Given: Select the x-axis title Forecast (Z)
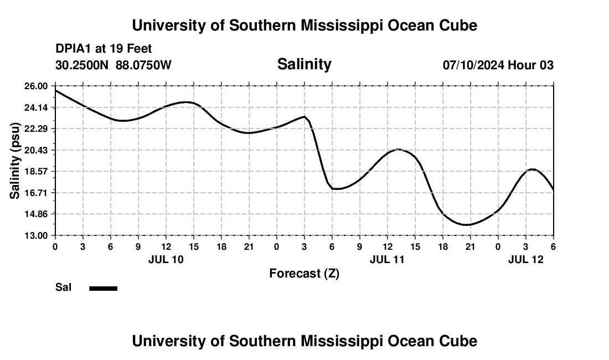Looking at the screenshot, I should coord(304,273).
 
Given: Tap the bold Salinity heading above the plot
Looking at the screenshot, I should coord(304,64).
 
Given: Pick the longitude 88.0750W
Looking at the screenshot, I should coord(143,65).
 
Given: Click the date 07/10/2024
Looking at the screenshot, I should coord(473,65).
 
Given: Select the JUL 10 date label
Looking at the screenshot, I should coord(166,259).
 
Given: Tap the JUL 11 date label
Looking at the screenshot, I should coord(387,259).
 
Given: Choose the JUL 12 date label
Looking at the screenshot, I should coord(526,259).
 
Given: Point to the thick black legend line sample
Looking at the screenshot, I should coord(104,288).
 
